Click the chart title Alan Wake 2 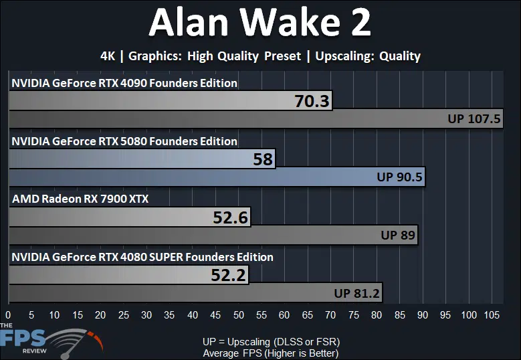coord(260,23)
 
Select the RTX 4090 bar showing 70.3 coord(171,100)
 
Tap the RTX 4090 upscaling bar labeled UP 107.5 coord(256,118)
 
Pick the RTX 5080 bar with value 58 coord(142,159)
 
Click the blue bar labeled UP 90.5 coord(217,177)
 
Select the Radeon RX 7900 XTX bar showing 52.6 coord(130,217)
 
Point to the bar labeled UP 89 coord(213,235)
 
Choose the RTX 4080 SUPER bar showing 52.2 coord(128,275)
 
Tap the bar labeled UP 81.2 coord(195,293)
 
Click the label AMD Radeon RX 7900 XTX coord(80,199)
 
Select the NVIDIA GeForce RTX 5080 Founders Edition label coord(124,141)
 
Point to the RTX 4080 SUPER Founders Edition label coord(142,257)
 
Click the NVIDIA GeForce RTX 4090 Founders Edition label coord(124,83)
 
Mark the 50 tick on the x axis coord(239,314)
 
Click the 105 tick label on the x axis coord(492,314)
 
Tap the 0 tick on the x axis coord(8,314)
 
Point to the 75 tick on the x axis coord(354,314)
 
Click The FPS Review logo coord(51,341)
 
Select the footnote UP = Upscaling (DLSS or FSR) coord(271,342)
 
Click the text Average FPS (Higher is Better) coord(271,353)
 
